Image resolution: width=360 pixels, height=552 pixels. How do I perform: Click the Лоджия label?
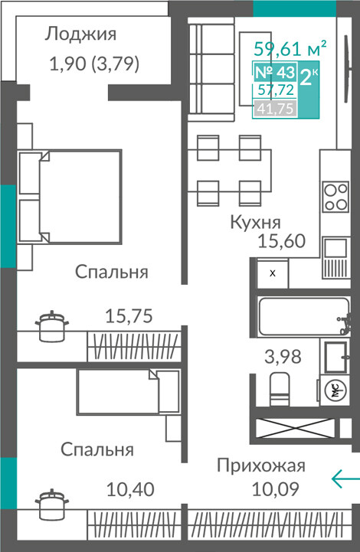click(80, 34)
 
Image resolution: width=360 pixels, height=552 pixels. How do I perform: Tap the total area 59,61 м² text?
click(290, 48)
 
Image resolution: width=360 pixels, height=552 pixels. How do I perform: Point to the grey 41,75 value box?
click(275, 108)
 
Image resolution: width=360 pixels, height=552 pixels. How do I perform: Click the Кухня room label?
click(255, 223)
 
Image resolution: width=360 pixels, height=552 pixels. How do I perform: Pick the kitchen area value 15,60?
click(281, 241)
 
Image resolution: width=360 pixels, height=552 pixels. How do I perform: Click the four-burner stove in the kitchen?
click(336, 197)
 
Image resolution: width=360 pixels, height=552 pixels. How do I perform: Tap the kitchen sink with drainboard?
click(335, 258)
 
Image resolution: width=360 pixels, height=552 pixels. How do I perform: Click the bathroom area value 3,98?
click(283, 357)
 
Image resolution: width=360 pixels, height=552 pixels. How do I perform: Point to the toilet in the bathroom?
click(280, 390)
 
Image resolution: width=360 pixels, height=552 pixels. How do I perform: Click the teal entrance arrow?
click(345, 479)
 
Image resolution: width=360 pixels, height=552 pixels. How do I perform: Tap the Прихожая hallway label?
click(261, 465)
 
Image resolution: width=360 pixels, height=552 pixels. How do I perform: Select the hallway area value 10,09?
click(276, 489)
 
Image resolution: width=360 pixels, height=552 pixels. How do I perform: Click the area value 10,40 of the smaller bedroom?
click(130, 489)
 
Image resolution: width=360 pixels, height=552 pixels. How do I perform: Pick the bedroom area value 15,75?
click(129, 315)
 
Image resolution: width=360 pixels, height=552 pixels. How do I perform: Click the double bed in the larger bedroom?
click(70, 197)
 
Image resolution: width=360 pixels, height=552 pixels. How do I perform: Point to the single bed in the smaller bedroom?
click(128, 391)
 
